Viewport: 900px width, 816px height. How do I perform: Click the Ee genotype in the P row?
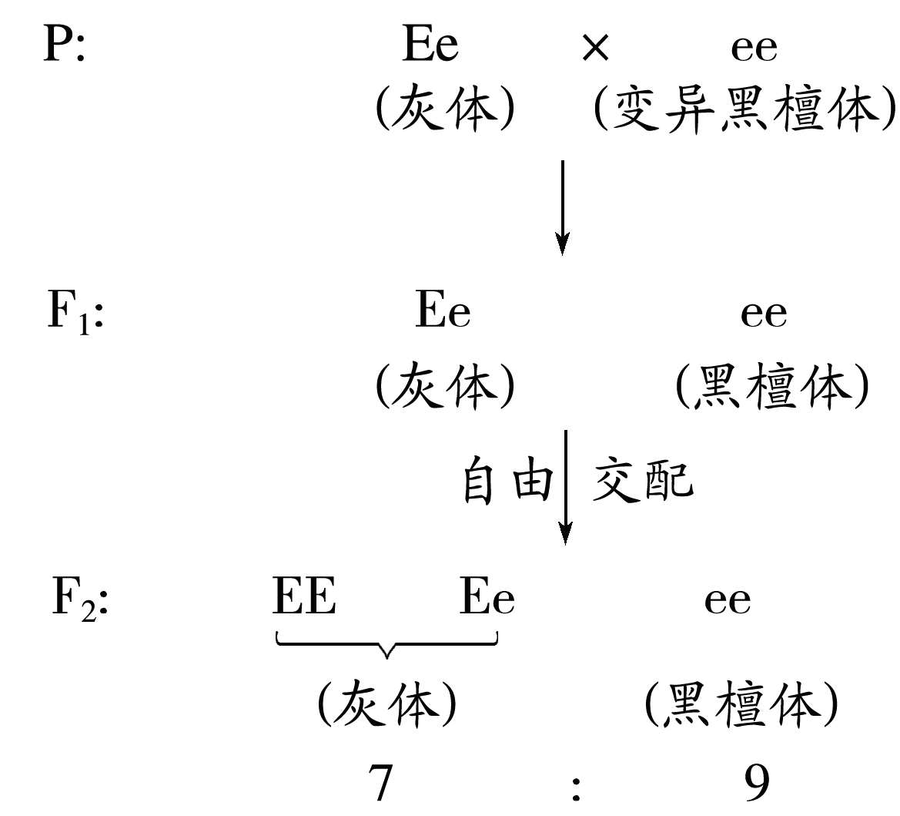pos(430,47)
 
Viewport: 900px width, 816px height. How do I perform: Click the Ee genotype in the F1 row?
pos(443,313)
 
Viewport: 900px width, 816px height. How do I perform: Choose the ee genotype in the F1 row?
pos(764,314)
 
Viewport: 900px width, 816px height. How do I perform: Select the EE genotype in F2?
pos(304,599)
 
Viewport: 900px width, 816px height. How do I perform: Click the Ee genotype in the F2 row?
pos(487,600)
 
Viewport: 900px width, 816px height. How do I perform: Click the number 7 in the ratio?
pos(380,785)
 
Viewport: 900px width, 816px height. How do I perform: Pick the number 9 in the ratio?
pos(757,785)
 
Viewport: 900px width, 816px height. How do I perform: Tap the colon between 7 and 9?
pos(575,788)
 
